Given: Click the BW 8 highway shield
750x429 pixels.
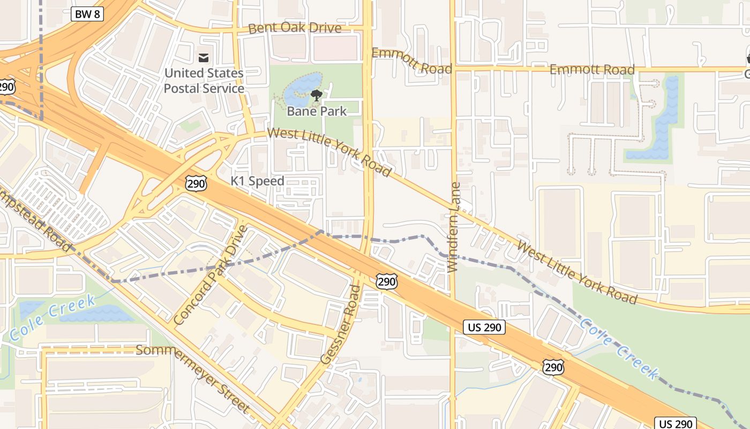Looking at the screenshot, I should tap(87, 14).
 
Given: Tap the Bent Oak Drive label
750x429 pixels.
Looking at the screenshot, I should tap(295, 28).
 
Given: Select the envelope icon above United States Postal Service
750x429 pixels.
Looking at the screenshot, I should tap(204, 57).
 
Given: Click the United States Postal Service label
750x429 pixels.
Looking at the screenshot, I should tap(204, 80).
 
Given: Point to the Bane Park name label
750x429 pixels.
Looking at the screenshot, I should tap(317, 112).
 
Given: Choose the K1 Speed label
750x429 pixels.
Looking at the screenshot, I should tap(257, 181).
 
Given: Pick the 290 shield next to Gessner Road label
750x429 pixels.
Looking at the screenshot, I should tap(386, 281).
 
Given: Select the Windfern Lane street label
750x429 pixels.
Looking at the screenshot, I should tap(454, 227).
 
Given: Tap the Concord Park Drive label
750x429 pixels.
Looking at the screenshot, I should tap(211, 275).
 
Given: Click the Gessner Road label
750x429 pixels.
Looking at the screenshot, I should tap(341, 325).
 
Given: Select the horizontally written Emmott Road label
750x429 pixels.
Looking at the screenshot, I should tap(592, 70).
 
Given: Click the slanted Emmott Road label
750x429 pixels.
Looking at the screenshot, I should tap(411, 60).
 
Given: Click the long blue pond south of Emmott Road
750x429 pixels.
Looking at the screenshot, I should tap(663, 121).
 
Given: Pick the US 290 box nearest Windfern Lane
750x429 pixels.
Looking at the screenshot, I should tap(484, 327).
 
